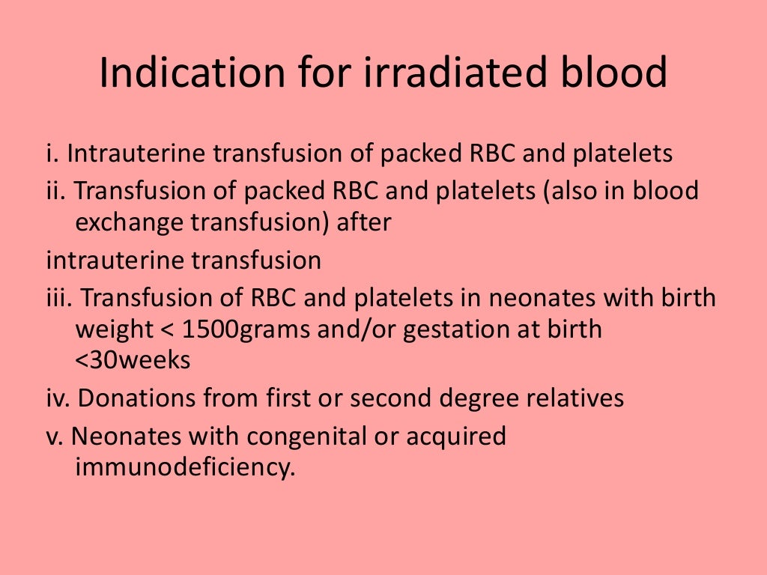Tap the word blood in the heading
(x=607, y=74)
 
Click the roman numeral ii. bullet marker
(x=56, y=190)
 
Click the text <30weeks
(x=133, y=360)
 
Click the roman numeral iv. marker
(x=58, y=398)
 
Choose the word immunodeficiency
(x=181, y=468)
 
